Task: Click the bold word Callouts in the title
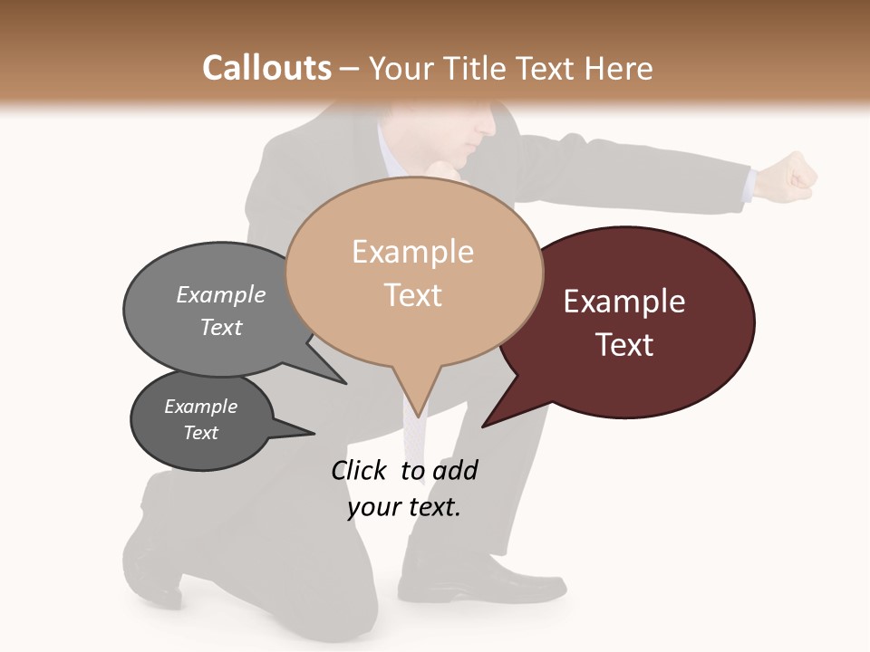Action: pos(266,68)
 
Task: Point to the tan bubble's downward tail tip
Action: pos(417,412)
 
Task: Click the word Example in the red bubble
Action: pos(624,302)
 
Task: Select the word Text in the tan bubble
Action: pos(413,295)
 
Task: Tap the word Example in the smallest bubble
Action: pos(201,407)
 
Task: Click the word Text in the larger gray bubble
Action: pos(221,327)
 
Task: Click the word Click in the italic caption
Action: pos(359,470)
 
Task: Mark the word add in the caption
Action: pos(454,470)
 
